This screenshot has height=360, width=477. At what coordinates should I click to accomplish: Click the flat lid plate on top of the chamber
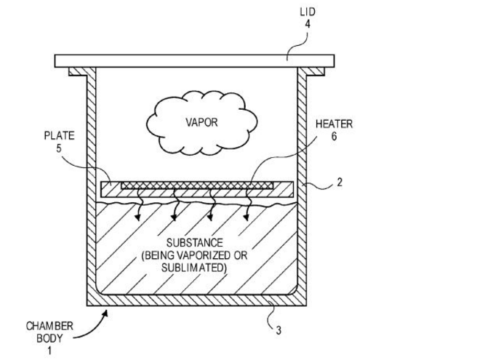click(x=196, y=60)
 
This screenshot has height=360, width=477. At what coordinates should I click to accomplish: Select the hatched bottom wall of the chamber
click(x=196, y=299)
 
